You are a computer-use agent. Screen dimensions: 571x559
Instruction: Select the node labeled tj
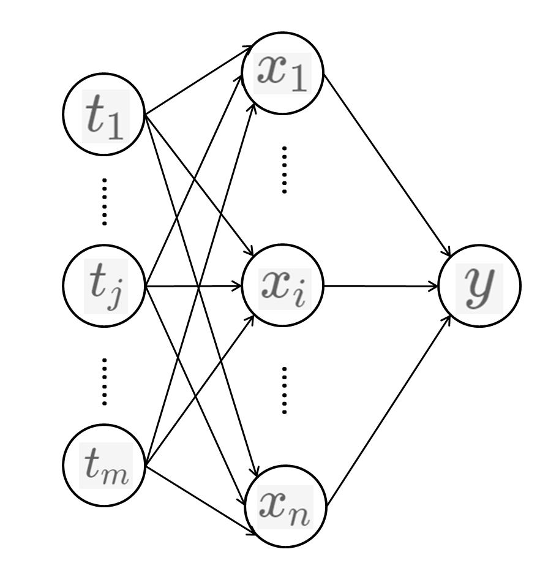point(103,286)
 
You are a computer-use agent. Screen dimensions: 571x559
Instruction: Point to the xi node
point(282,285)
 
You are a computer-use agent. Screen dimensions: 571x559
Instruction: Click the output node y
point(480,285)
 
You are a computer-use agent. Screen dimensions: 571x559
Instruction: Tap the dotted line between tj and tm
point(104,381)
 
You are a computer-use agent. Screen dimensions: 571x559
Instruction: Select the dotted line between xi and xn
point(283,390)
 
